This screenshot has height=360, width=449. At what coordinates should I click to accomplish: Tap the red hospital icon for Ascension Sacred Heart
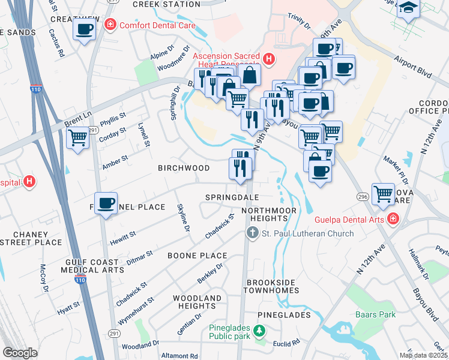click(269, 59)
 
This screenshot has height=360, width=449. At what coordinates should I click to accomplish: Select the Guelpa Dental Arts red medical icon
click(393, 218)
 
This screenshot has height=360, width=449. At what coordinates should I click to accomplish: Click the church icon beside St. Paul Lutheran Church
click(253, 233)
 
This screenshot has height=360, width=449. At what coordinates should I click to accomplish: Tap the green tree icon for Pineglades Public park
click(259, 331)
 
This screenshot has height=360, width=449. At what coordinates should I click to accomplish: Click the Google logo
click(20, 353)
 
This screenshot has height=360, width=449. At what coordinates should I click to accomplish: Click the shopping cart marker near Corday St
click(78, 138)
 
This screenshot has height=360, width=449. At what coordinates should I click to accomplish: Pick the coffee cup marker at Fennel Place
click(106, 203)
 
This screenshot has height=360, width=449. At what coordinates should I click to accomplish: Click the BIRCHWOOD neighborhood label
click(184, 168)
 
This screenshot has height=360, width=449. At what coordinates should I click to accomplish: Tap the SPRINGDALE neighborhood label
click(232, 197)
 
